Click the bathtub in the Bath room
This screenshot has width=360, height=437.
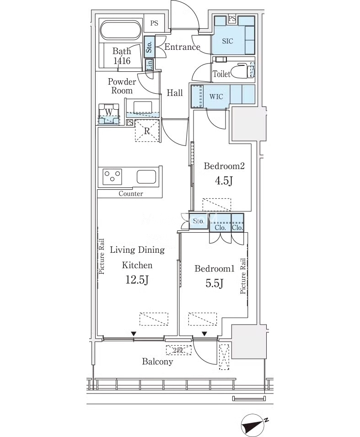pyautogui.click(x=120, y=30)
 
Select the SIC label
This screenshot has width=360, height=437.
pyautogui.click(x=227, y=41)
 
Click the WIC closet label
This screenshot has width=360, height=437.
pyautogui.click(x=216, y=96)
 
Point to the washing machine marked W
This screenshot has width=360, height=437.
pyautogui.click(x=109, y=114)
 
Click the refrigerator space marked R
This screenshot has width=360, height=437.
pyautogui.click(x=147, y=130)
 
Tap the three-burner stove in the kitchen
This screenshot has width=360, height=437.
pyautogui.click(x=113, y=176)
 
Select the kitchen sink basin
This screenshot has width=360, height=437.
pyautogui.click(x=146, y=177)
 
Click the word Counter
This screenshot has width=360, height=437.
pyautogui.click(x=131, y=193)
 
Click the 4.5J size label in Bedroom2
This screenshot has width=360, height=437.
pyautogui.click(x=224, y=181)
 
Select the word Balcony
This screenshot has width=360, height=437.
pyautogui.click(x=157, y=362)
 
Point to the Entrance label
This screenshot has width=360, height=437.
pyautogui.click(x=183, y=47)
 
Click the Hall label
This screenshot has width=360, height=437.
pyautogui.click(x=175, y=93)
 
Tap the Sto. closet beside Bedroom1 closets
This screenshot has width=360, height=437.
pyautogui.click(x=199, y=221)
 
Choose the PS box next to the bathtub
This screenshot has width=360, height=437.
pyautogui.click(x=154, y=23)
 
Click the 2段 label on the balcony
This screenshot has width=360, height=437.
pyautogui.click(x=178, y=350)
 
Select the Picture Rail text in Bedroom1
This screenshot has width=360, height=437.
pyautogui.click(x=243, y=276)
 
